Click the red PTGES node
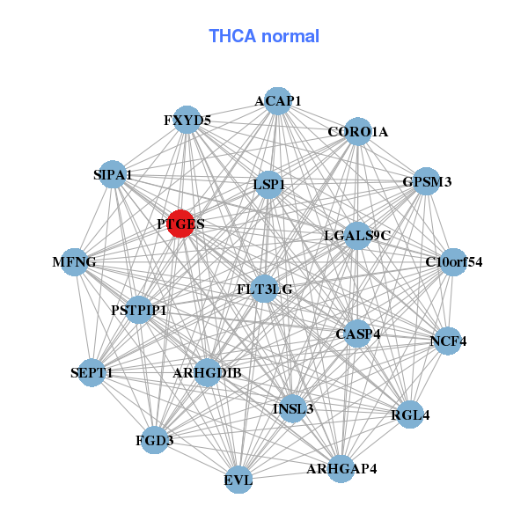click(x=180, y=224)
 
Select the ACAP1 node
click(x=277, y=100)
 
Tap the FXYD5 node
click(x=187, y=120)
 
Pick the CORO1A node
click(x=357, y=132)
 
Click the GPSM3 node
click(x=426, y=182)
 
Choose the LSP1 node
click(x=268, y=184)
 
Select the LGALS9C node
click(x=356, y=235)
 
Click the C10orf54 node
click(x=452, y=261)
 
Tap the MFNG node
click(x=75, y=262)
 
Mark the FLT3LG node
click(x=265, y=288)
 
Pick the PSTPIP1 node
click(x=139, y=310)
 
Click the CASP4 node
click(x=356, y=334)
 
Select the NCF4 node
click(x=448, y=341)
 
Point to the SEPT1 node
click(x=92, y=373)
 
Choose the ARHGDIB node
click(x=208, y=373)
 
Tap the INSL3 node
click(x=293, y=408)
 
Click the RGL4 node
click(x=410, y=414)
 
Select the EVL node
click(x=238, y=480)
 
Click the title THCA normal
click(x=264, y=36)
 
